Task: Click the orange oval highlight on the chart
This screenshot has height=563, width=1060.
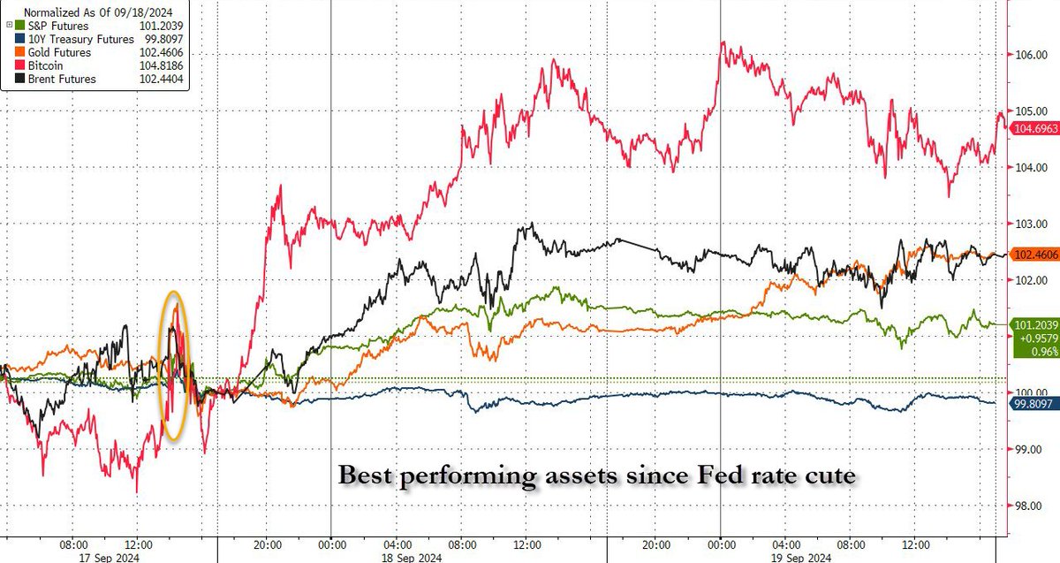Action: pos(175,366)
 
